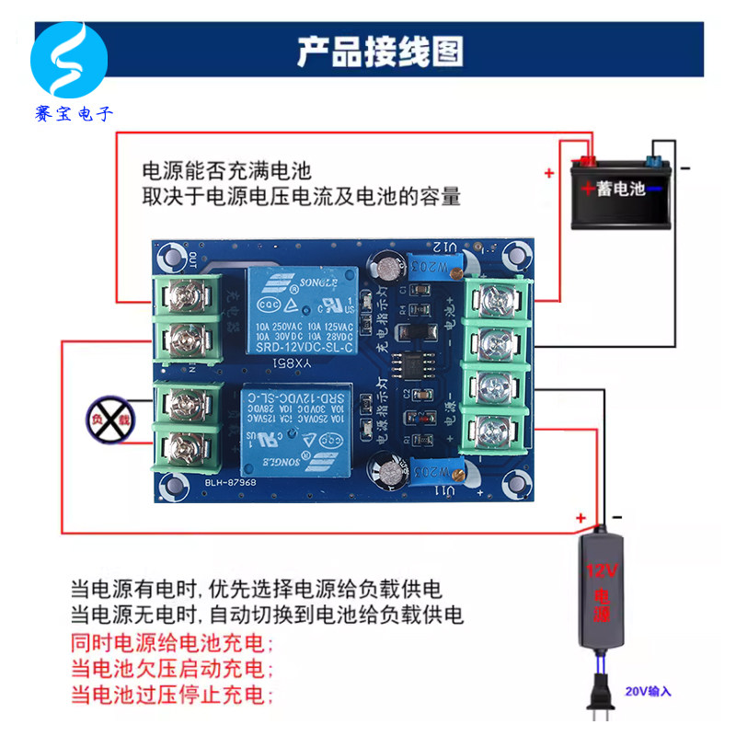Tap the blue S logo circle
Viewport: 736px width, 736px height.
coord(69,63)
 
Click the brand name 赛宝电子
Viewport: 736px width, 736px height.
coord(71,114)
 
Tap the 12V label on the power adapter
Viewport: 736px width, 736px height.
coord(600,571)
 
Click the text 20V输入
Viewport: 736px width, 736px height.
coord(649,690)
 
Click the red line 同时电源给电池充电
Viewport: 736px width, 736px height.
coord(173,642)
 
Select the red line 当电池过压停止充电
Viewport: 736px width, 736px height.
coord(173,693)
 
